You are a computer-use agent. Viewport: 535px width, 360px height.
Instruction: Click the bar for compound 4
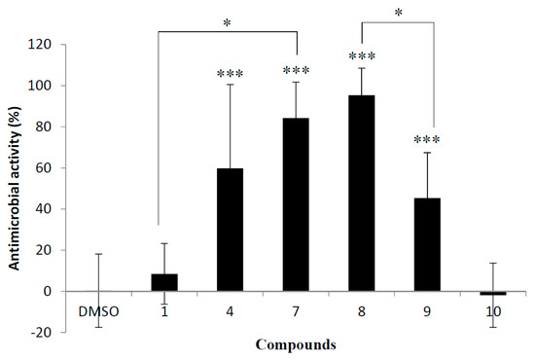230,230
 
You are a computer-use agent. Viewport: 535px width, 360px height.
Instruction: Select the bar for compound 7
295,204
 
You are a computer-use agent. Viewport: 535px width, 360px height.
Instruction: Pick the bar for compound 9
427,244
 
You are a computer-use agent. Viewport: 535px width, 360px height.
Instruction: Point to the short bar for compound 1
163,282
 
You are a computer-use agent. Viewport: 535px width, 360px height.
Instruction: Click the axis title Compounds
296,343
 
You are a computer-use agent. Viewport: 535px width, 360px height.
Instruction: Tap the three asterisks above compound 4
230,73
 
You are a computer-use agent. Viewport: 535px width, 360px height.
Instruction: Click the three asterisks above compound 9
427,140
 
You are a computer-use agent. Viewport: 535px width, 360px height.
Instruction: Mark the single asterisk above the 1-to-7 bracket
226,19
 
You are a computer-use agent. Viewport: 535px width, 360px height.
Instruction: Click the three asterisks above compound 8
361,57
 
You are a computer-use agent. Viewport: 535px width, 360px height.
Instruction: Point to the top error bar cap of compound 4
230,85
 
